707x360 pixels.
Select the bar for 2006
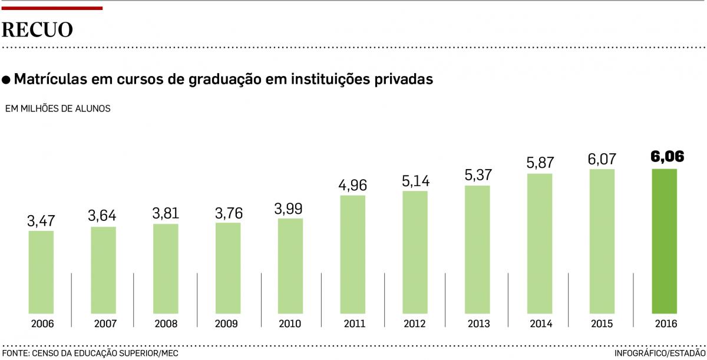pos(41,272)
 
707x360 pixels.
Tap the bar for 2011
pos(352,254)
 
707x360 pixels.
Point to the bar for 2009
pos(228,267)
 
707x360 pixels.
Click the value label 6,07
pos(602,160)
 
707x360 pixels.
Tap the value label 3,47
pos(41,222)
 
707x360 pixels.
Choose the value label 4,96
pos(352,186)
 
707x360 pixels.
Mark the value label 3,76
pos(228,213)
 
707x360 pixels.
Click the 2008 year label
pos(166,324)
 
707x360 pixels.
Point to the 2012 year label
pos(415,324)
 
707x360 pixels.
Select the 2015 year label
pos(602,324)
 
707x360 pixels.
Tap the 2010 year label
pos(290,324)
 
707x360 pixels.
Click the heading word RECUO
pos(38,29)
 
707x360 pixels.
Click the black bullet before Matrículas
pos(6,80)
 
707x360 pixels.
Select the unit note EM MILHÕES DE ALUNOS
pos(58,109)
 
